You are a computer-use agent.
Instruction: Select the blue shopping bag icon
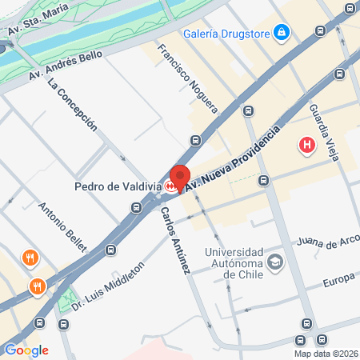click(281, 33)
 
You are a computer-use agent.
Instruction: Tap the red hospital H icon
click(306, 146)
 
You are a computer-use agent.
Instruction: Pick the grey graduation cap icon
click(275, 261)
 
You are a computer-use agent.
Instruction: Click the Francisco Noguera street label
click(187, 78)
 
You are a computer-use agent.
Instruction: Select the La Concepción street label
click(73, 104)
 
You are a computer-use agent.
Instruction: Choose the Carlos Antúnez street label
click(174, 241)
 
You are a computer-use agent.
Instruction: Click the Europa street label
click(338, 282)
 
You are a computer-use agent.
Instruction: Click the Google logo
click(26, 350)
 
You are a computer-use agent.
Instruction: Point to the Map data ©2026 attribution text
click(326, 354)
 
